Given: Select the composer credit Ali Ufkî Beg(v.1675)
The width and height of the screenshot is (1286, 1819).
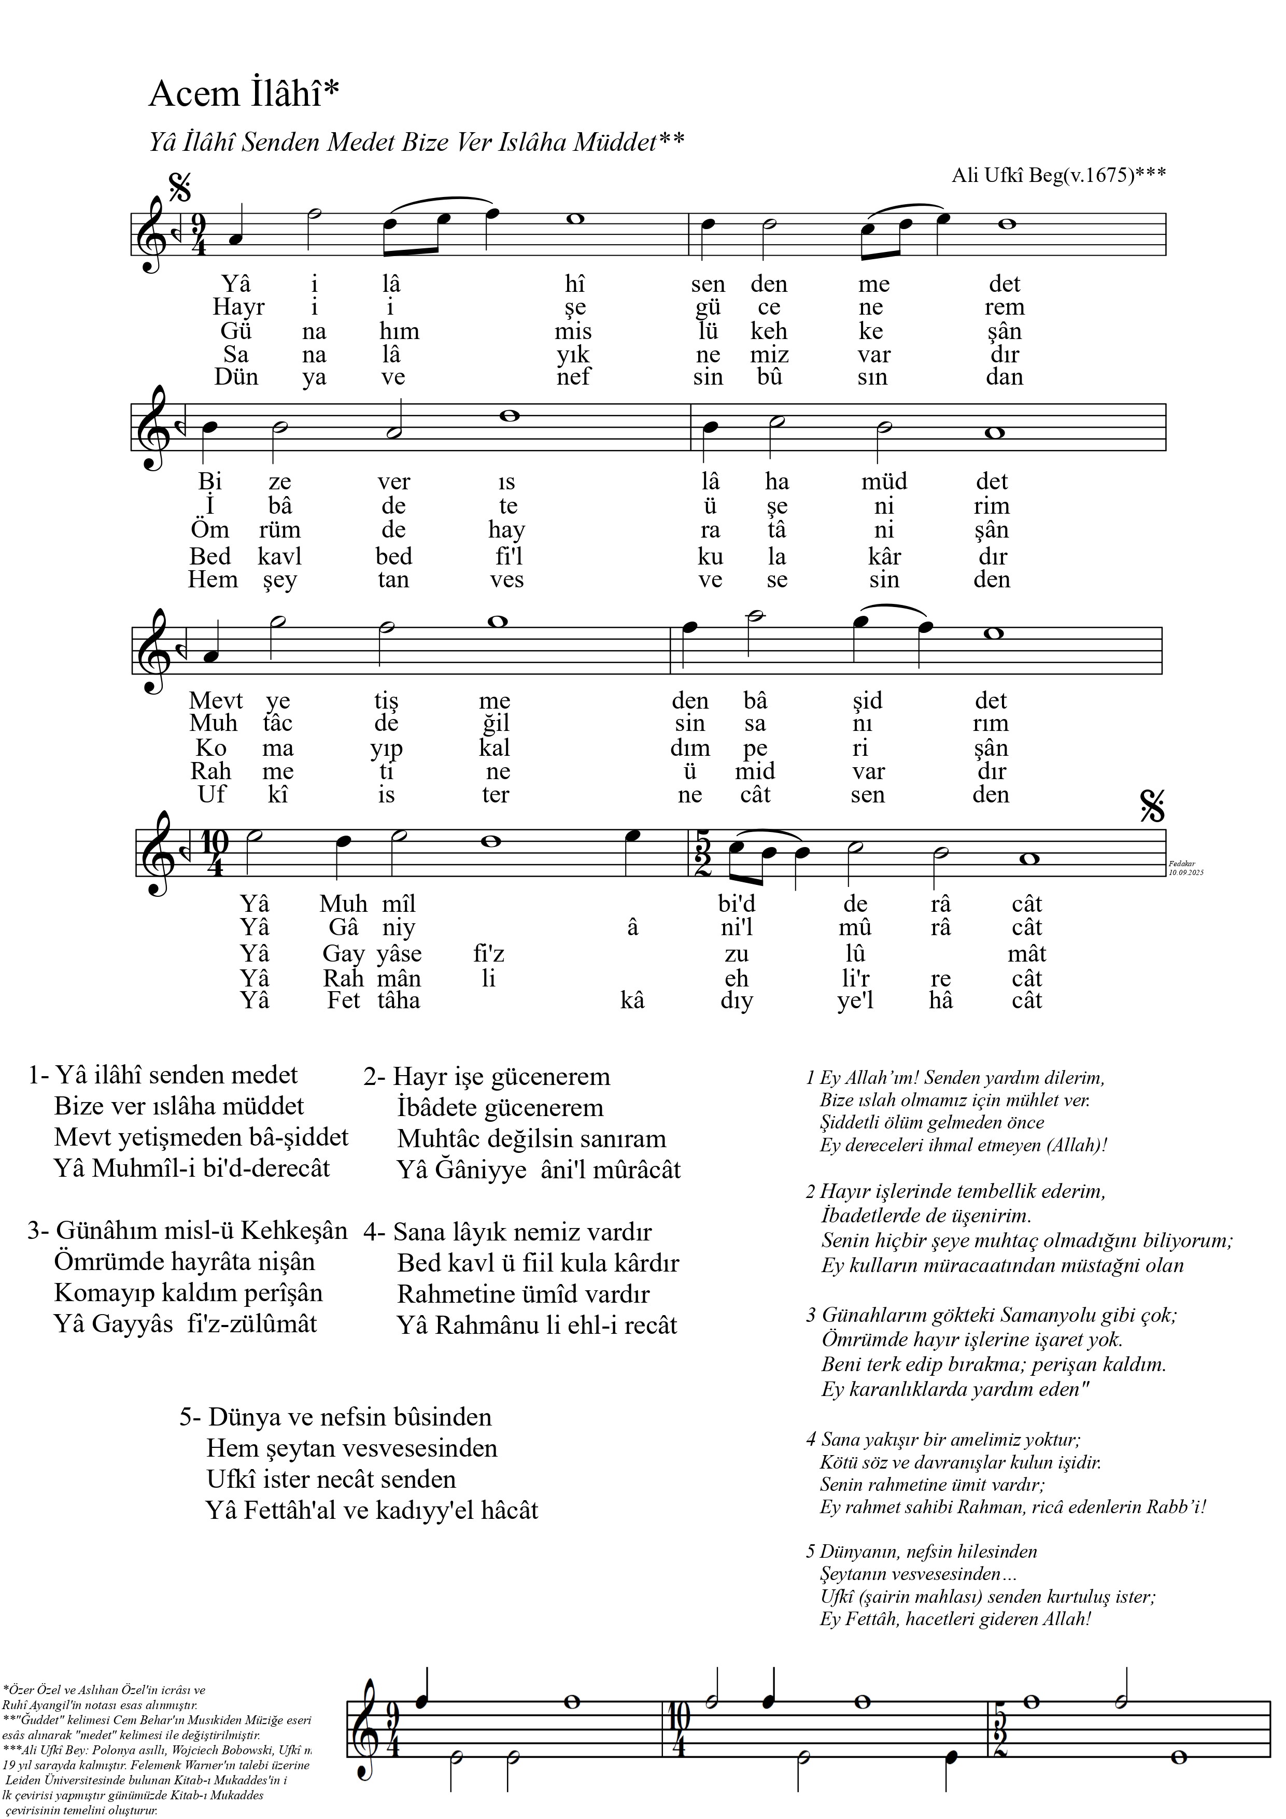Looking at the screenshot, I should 1058,175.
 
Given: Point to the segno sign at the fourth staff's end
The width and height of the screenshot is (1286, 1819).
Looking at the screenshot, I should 1152,806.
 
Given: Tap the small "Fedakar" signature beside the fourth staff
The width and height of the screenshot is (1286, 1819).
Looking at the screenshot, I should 1181,864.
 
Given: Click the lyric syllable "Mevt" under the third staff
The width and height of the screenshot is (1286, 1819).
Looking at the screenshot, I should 216,700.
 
